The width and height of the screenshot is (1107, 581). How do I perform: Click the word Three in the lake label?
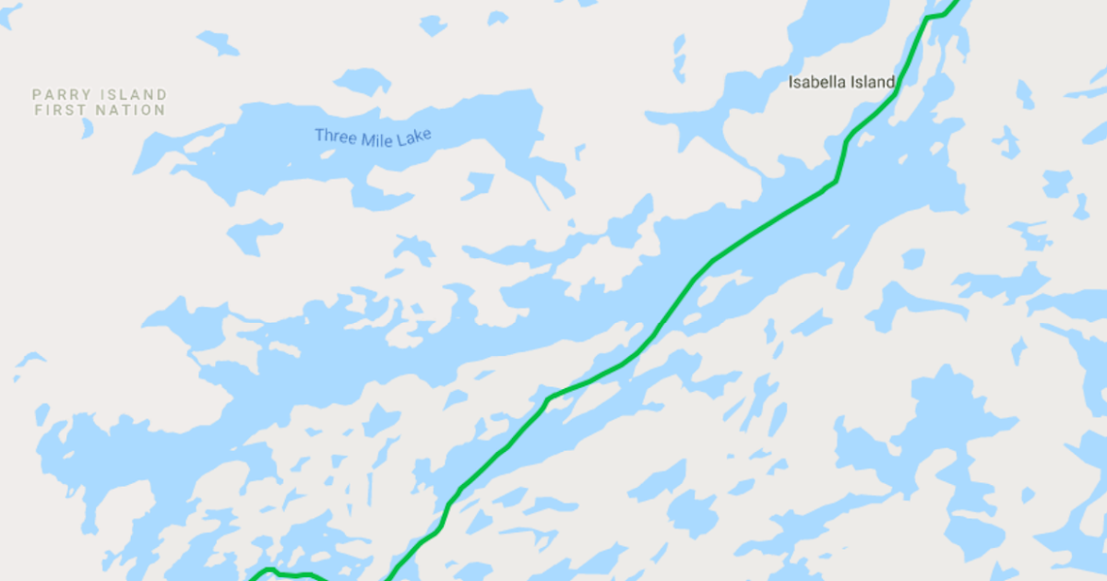click(334, 136)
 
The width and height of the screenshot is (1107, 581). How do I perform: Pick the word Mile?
click(377, 138)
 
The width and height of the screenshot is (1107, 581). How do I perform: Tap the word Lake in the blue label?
click(415, 138)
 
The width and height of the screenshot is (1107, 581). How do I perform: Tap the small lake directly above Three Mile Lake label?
click(363, 82)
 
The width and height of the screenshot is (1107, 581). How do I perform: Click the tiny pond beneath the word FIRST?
click(88, 128)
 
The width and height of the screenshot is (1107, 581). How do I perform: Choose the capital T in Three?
click(319, 135)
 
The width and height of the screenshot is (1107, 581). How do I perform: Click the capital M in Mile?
click(367, 137)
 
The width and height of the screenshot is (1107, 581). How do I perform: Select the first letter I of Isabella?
click(791, 82)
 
